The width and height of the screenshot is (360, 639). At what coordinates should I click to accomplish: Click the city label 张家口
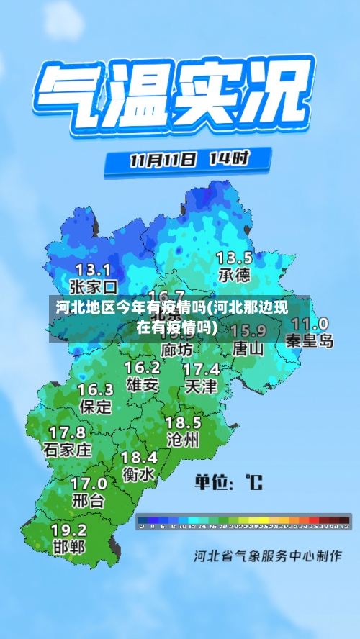point(94,286)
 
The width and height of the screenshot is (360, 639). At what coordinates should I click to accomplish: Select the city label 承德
point(234,275)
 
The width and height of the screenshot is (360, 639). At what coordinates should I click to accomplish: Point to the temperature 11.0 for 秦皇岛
point(310,324)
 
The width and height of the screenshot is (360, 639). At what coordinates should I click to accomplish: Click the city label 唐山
point(248,348)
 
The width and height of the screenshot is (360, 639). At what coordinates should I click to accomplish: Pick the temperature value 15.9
point(248,331)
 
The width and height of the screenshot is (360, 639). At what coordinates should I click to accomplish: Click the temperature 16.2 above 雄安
point(143,368)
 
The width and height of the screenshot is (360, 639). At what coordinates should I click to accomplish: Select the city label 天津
point(201,386)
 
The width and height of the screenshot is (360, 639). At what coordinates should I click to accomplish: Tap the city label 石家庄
point(68,450)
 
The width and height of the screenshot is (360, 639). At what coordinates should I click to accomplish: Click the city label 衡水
point(138,474)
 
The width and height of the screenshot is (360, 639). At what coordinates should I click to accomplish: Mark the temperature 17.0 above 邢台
point(89,483)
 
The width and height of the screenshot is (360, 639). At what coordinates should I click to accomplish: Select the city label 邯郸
point(69,547)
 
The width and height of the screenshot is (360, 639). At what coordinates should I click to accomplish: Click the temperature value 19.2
point(69,529)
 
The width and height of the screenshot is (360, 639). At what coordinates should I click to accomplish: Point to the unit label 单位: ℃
point(229,481)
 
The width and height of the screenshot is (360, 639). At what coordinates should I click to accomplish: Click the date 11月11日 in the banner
point(162,159)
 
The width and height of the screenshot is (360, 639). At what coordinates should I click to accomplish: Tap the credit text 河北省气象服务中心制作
point(268,556)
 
